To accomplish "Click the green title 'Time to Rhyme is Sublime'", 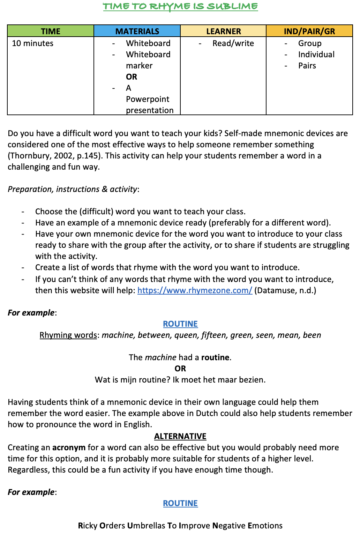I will [180, 7].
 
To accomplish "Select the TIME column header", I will [51, 31].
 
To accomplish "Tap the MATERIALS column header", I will [137, 31].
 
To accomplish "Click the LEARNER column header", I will [224, 31].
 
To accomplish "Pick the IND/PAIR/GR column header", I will [309, 31].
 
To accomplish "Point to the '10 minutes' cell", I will [33, 44].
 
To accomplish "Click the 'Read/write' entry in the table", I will [233, 44].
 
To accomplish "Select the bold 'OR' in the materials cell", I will [132, 77].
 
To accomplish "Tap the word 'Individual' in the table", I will [316, 55].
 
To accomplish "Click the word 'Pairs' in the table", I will [307, 66].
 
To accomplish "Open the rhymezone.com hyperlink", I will [195, 290].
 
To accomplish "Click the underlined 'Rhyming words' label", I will [68, 335].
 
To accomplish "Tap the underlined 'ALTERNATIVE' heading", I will [180, 436].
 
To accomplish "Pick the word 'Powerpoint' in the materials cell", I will [148, 99].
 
